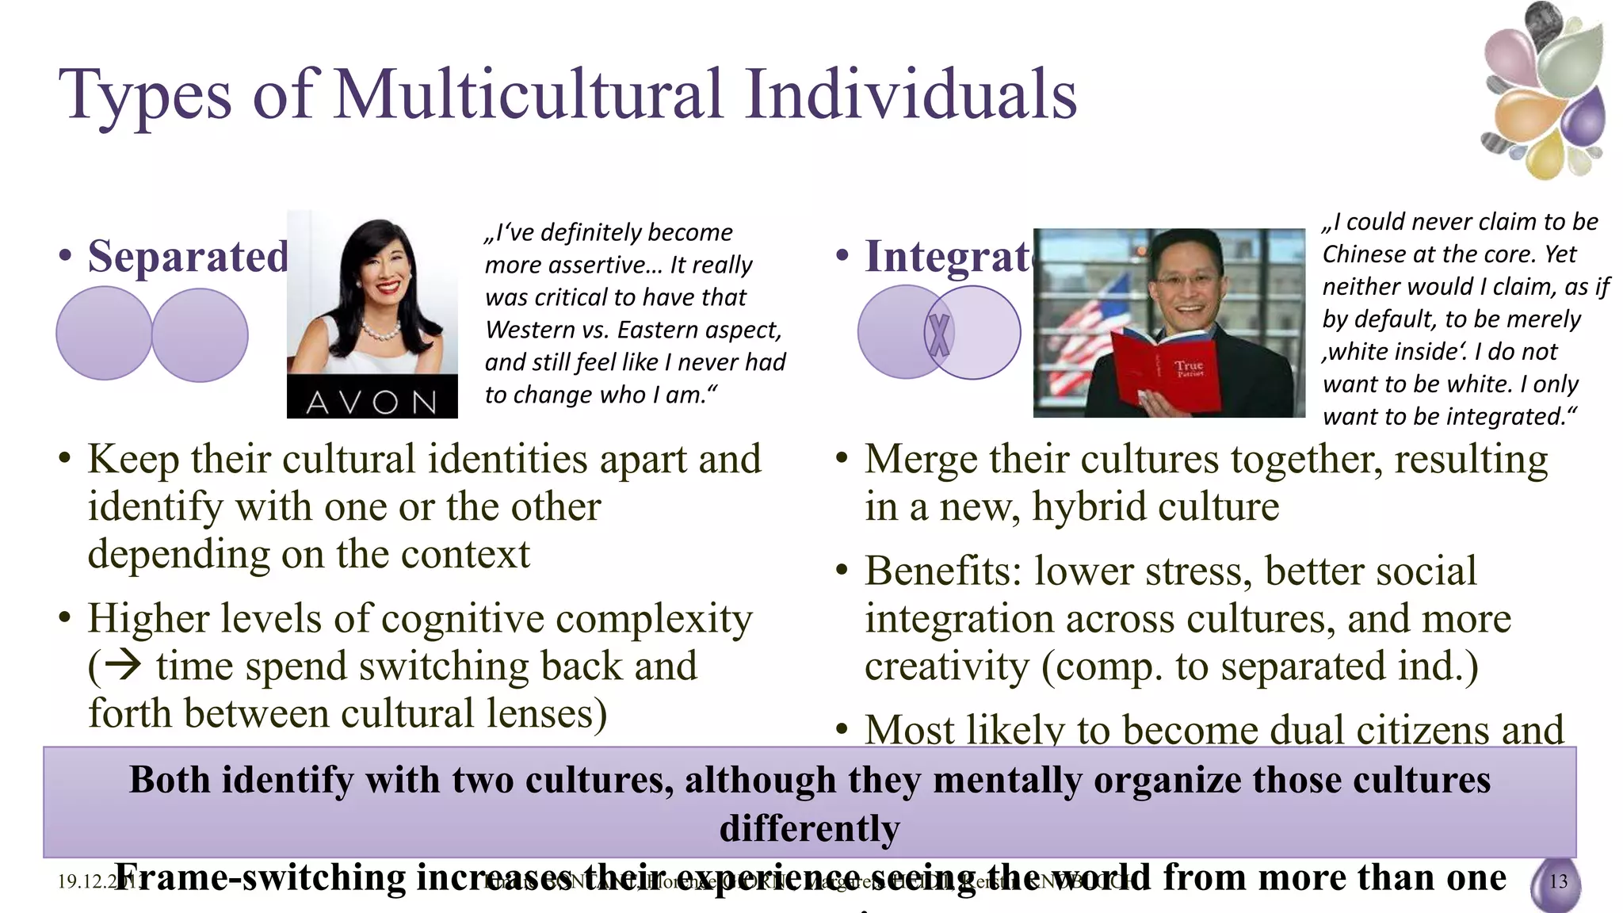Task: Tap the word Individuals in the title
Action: (911, 95)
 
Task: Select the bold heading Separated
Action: (188, 256)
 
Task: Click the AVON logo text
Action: (372, 402)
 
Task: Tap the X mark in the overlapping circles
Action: (940, 334)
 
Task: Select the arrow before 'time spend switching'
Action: (123, 664)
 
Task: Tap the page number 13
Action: (1558, 881)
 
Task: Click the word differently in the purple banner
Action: (809, 828)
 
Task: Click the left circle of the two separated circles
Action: (104, 333)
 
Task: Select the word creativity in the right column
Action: (946, 666)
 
